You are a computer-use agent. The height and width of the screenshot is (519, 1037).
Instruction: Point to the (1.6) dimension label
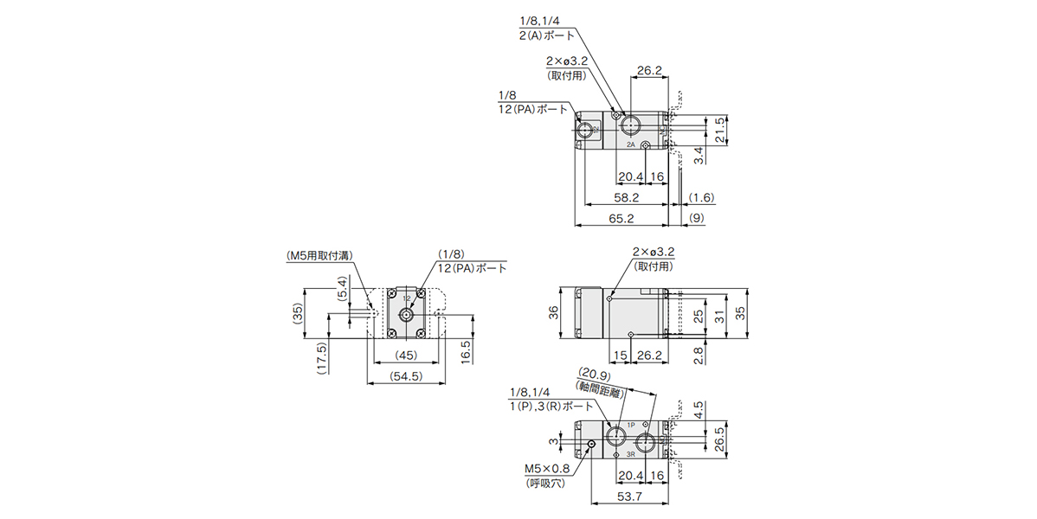click(701, 198)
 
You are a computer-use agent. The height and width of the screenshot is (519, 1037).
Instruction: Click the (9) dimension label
click(697, 218)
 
